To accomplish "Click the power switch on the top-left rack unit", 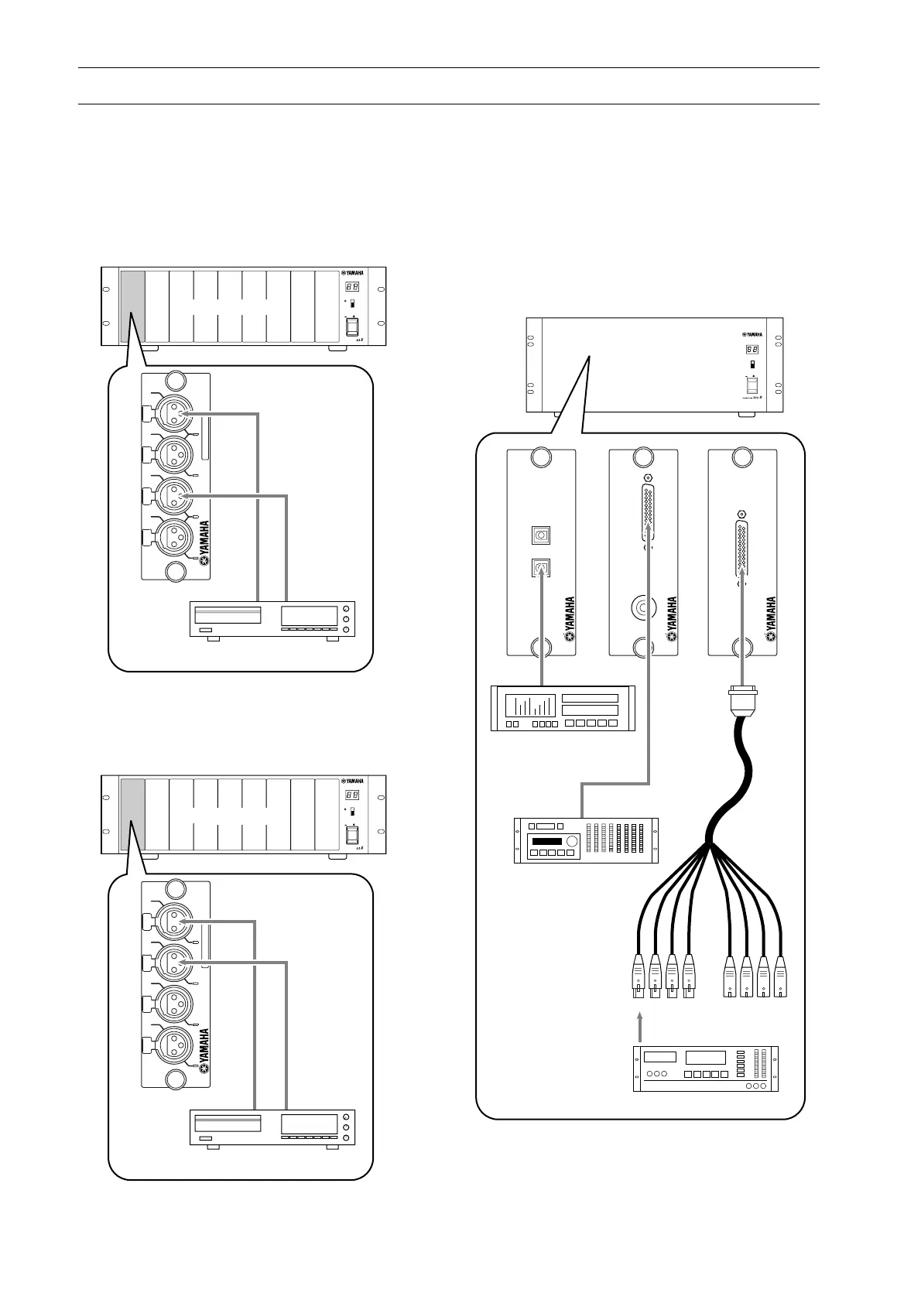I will tap(351, 328).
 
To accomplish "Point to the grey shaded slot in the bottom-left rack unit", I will tap(132, 814).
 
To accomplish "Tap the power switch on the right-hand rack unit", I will tap(751, 385).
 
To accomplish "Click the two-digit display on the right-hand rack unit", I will tap(751, 349).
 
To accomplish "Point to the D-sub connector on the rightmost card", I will tap(742, 548).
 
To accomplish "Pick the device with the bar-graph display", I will tap(563, 707).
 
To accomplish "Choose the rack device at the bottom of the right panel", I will tap(705, 1069).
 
